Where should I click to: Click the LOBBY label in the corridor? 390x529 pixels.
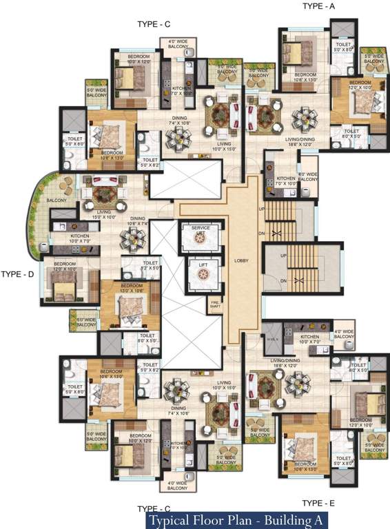tap(240, 260)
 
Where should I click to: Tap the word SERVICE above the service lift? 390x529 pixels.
tap(201, 227)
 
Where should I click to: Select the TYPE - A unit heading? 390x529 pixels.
tap(319, 6)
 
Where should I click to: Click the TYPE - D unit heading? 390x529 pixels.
tap(18, 274)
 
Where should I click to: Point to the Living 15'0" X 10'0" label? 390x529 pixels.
tap(105, 215)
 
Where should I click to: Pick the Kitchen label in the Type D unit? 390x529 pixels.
tap(80, 239)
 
